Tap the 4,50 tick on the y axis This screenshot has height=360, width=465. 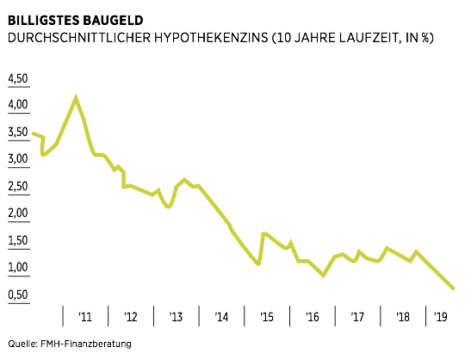click(x=18, y=79)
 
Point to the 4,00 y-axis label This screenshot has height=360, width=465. click(x=18, y=106)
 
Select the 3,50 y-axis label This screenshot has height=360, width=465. click(x=18, y=133)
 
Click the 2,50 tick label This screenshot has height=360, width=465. click(x=18, y=187)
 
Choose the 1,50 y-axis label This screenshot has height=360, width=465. click(x=18, y=241)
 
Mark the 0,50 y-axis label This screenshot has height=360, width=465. click(x=18, y=295)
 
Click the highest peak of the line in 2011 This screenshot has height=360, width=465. click(x=77, y=97)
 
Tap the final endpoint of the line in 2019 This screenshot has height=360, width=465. click(x=454, y=289)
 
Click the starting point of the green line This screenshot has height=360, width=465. click(x=32, y=133)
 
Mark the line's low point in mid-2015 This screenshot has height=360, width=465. click(x=258, y=264)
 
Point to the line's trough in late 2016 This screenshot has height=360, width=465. click(x=323, y=276)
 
